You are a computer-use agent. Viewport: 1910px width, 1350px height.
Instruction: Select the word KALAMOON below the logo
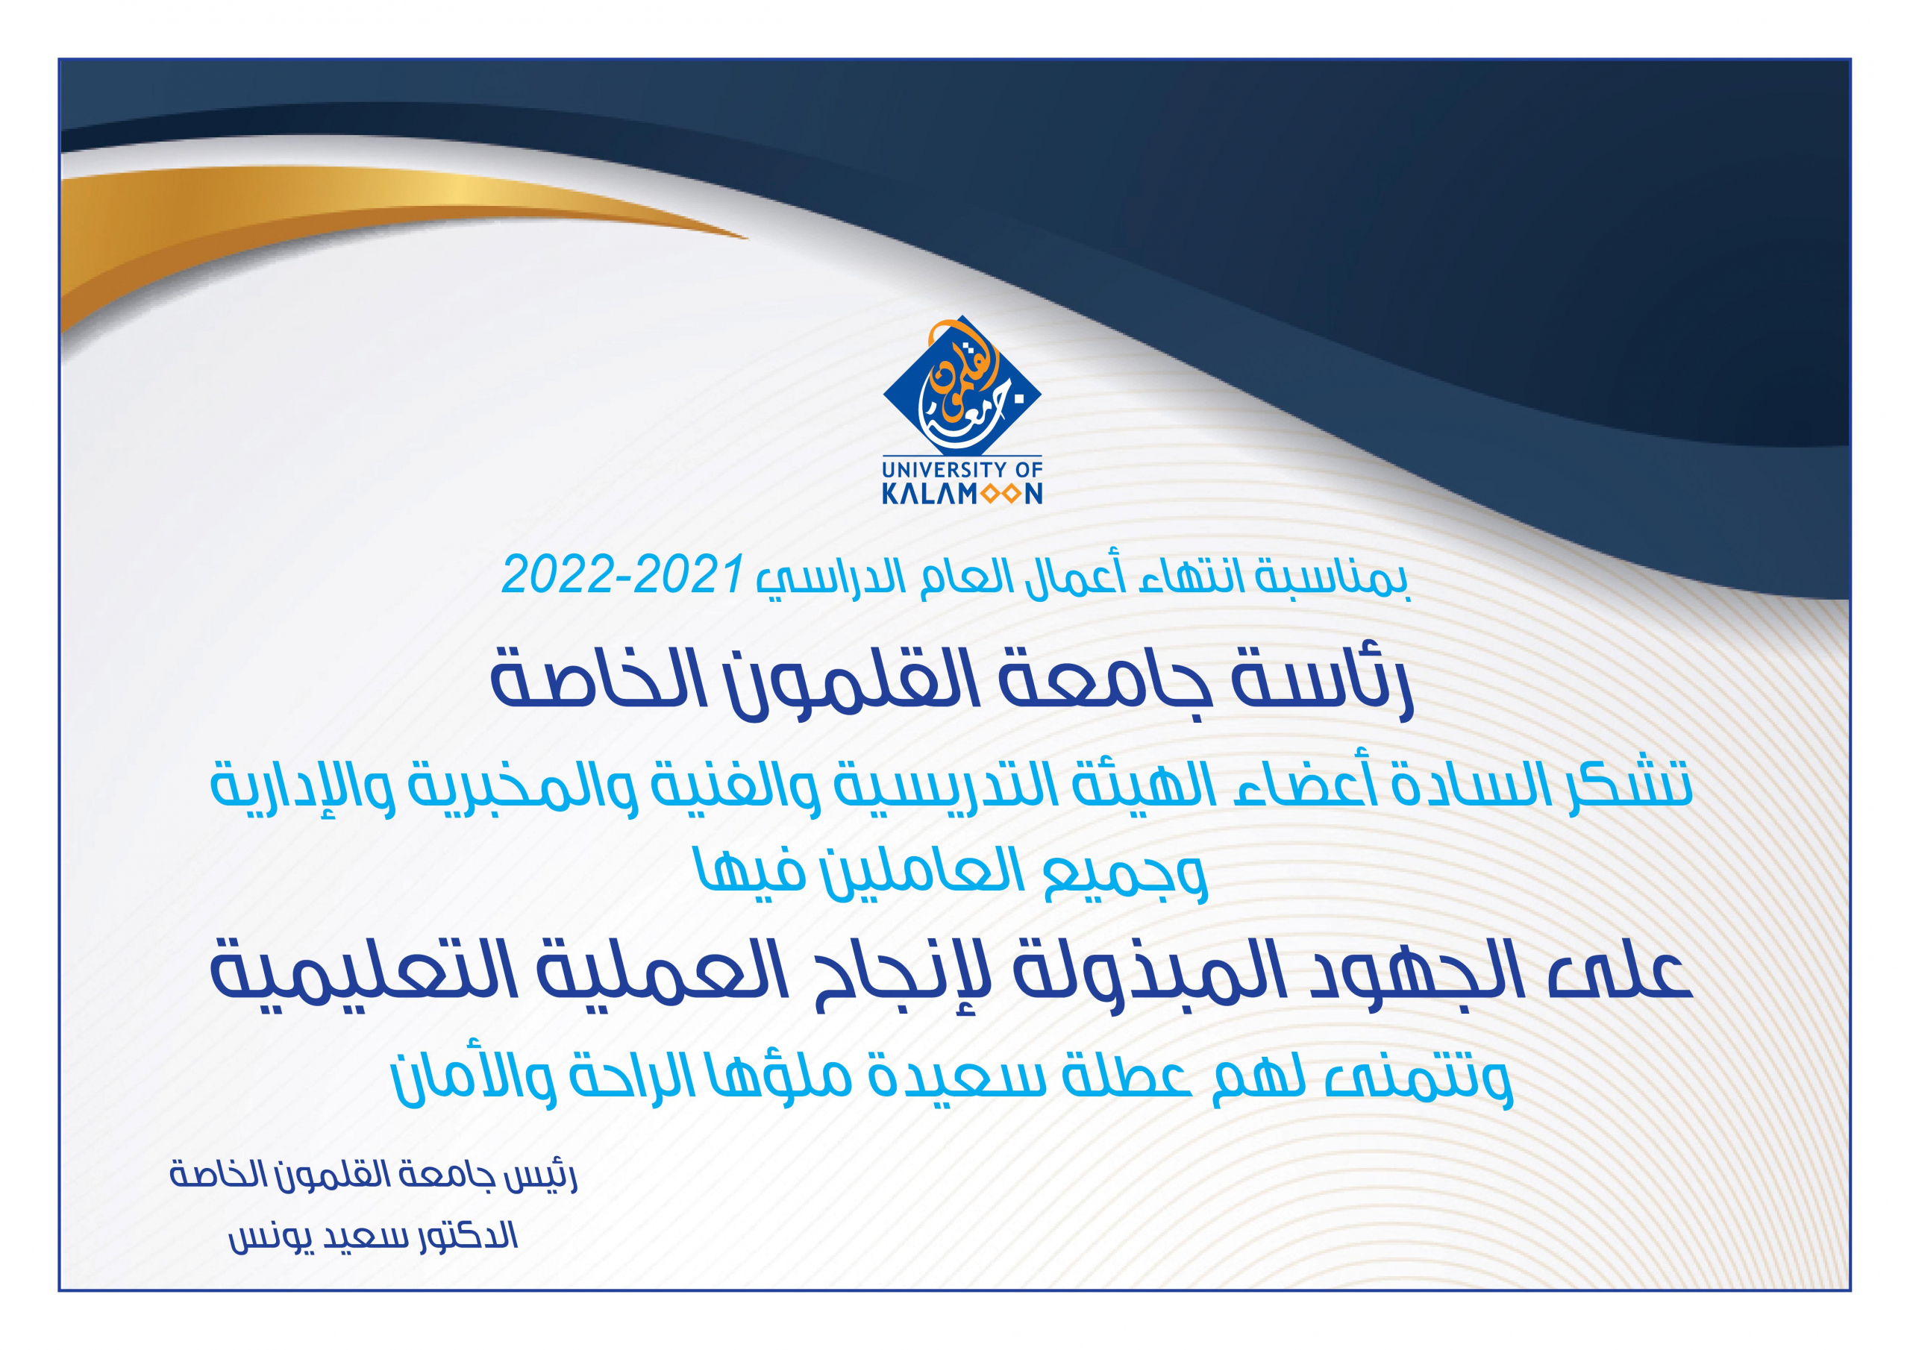coord(962,494)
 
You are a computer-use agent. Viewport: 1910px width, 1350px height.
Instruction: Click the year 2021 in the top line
coord(687,575)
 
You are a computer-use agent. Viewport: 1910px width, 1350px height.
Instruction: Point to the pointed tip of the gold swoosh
coord(747,239)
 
